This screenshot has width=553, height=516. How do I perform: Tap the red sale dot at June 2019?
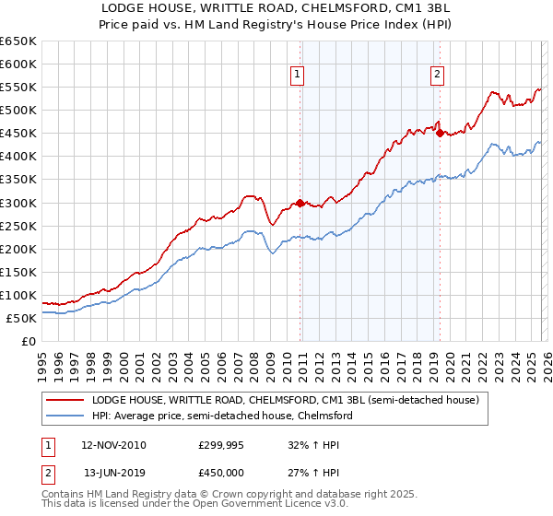(x=440, y=133)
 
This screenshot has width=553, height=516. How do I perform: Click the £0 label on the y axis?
(x=29, y=341)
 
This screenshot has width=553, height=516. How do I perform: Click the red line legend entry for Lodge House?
(x=284, y=401)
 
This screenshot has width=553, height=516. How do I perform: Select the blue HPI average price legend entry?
(x=221, y=416)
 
